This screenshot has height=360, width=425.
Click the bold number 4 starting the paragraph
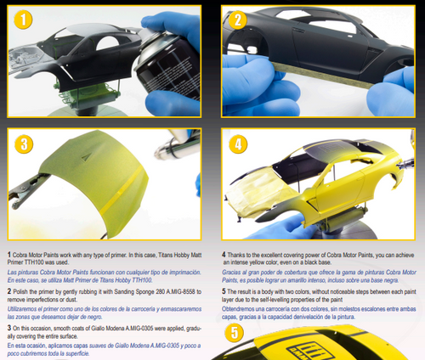pos(223,254)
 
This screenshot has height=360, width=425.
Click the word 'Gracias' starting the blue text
pos(233,270)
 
